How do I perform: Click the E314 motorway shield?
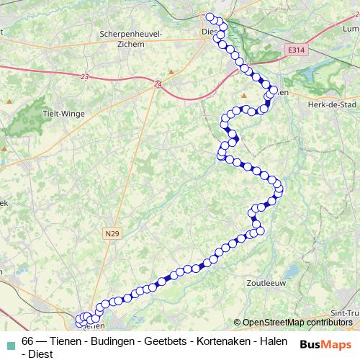coord(294,50)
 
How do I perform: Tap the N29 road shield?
coord(111,233)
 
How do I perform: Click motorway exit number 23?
coord(85,76)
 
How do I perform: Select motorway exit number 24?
coord(158,85)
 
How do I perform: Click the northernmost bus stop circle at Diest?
coord(210,17)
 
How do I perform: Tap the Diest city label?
coord(209,31)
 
